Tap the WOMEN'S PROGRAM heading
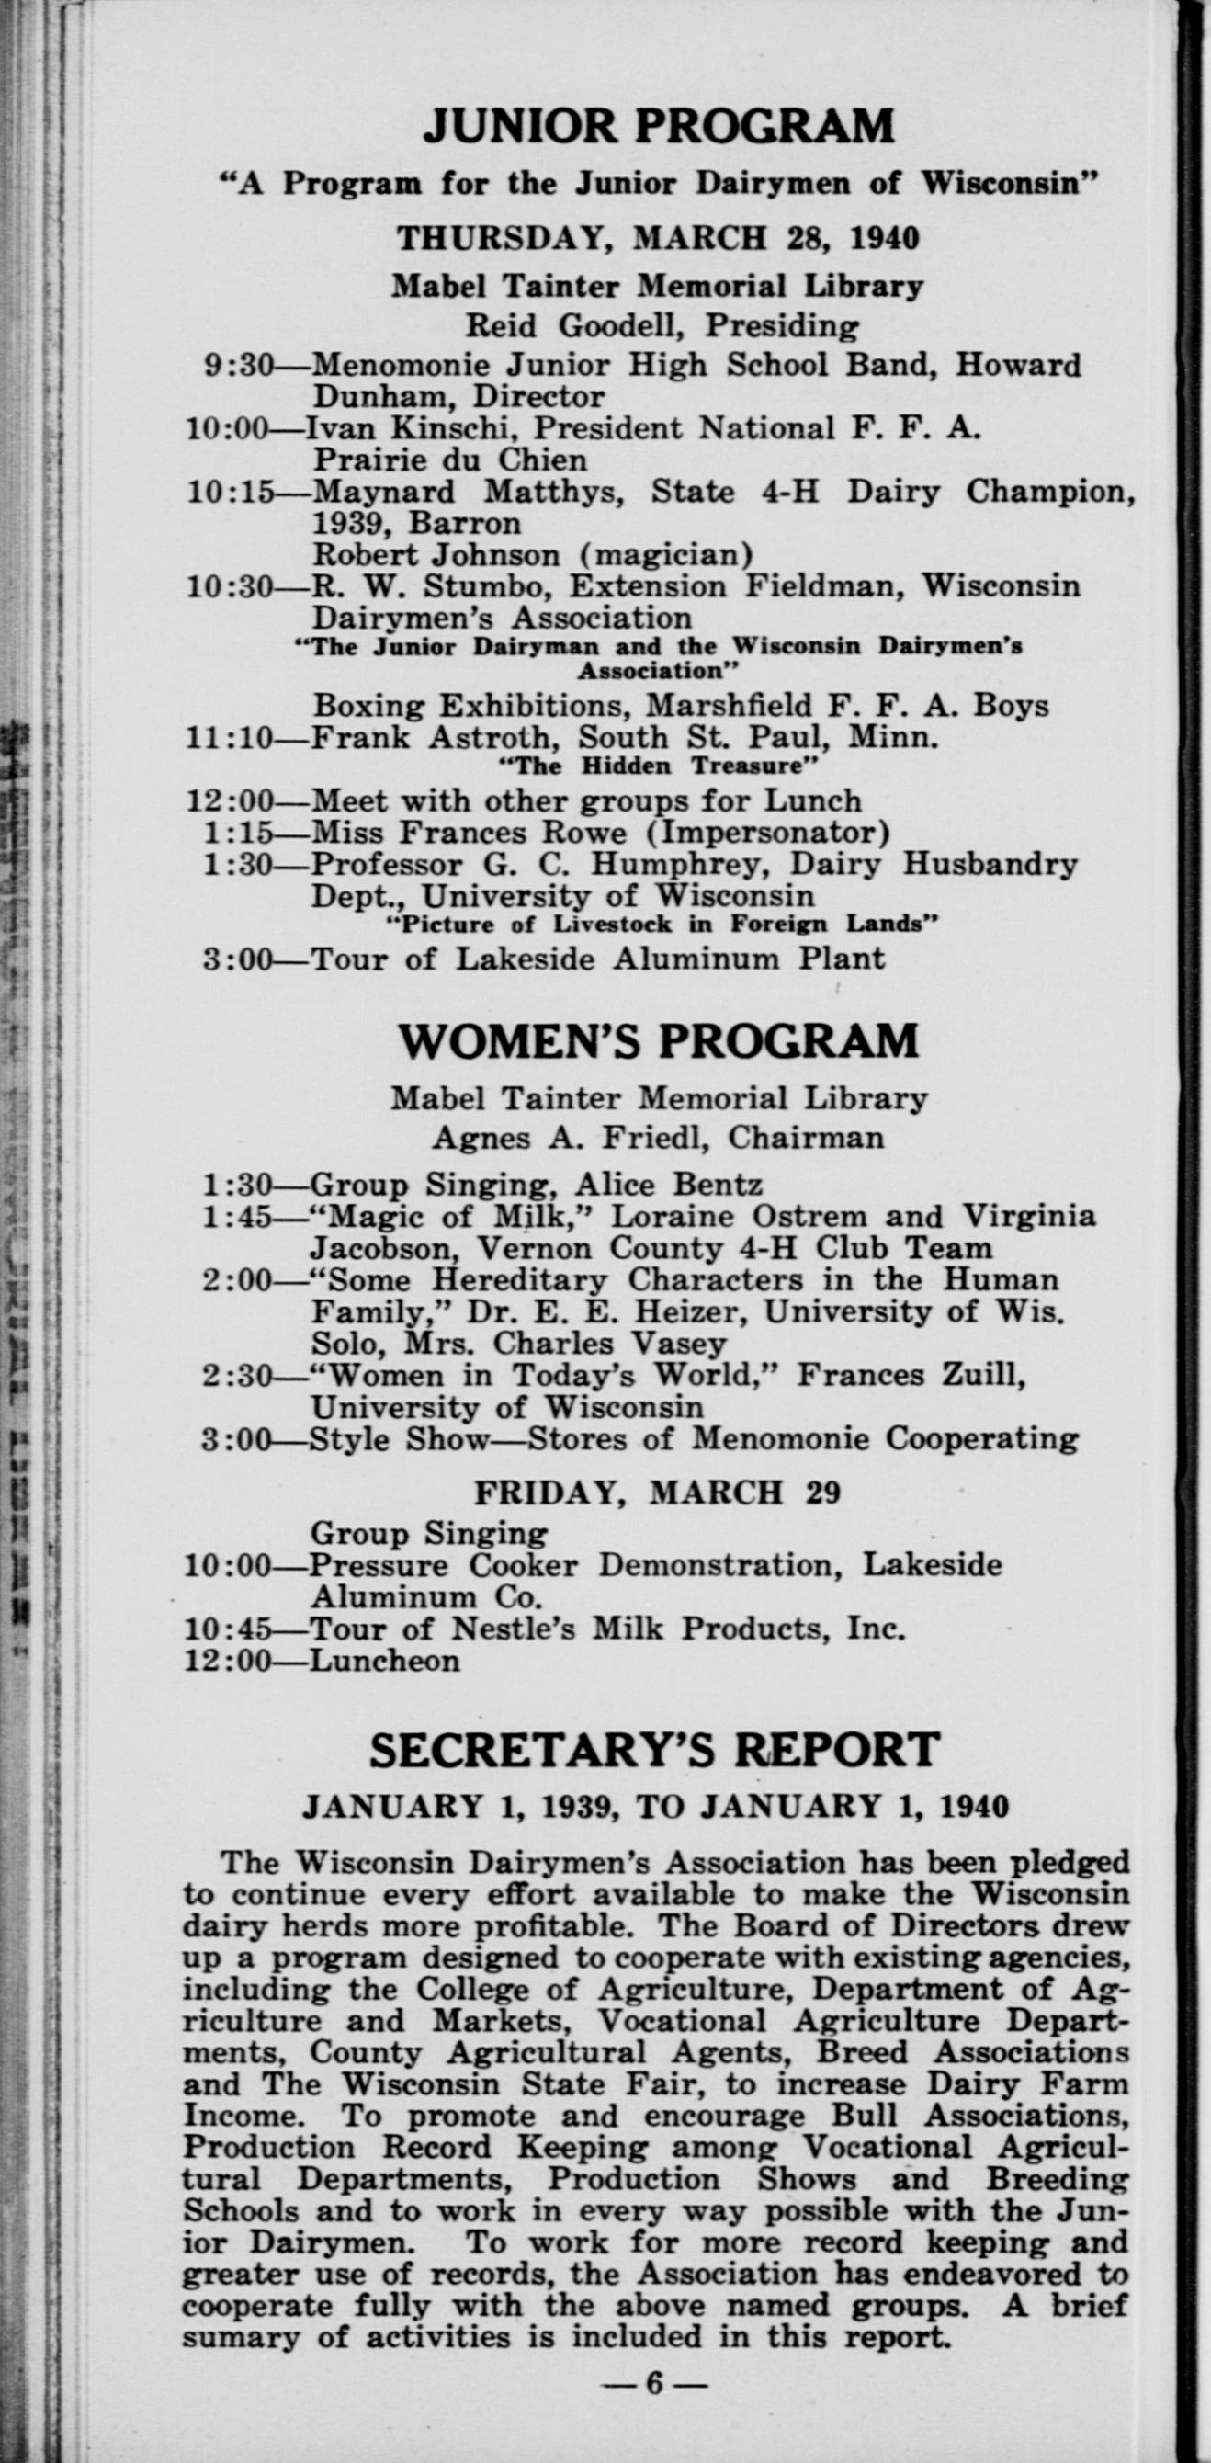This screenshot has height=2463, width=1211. tap(659, 1041)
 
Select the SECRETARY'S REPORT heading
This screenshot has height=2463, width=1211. tap(655, 1751)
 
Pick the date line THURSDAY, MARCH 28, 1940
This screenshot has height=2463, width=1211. tap(658, 237)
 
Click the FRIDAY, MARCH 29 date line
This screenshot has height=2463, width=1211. tap(658, 1493)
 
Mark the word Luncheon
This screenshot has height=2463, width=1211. tap(385, 1660)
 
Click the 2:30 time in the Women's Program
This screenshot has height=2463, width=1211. tap(237, 1376)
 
